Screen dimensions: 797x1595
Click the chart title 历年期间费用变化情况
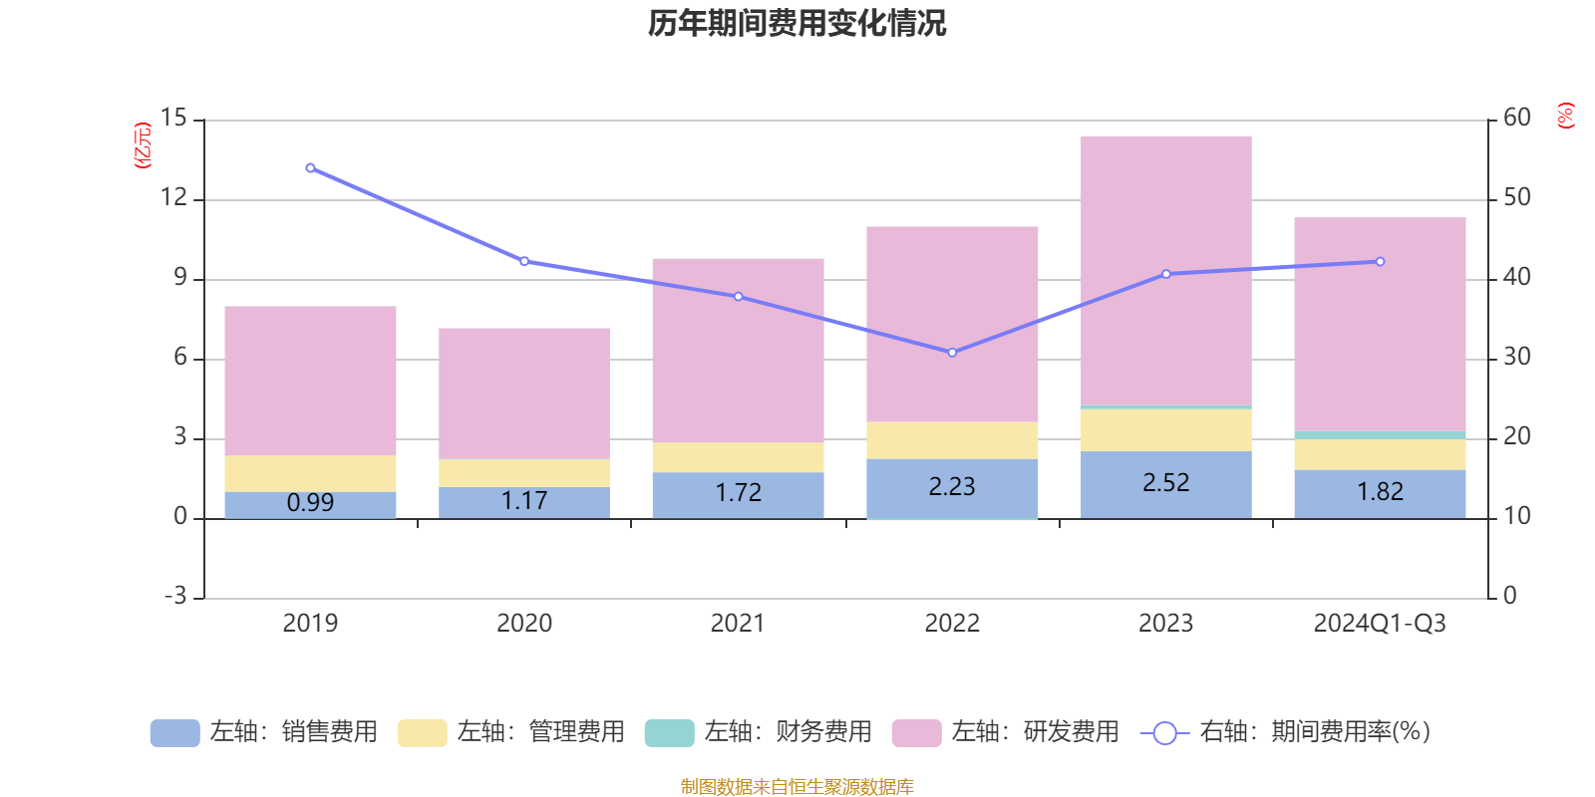(x=797, y=23)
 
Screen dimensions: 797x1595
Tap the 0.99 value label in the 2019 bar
(x=310, y=503)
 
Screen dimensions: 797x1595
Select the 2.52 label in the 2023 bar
(x=1165, y=483)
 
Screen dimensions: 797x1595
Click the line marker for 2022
(x=952, y=353)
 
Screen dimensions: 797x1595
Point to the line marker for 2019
(x=310, y=168)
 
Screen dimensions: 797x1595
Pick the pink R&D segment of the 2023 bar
(x=1165, y=269)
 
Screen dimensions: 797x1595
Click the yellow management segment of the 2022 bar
(x=952, y=440)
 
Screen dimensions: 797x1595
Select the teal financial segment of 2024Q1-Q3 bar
(x=1380, y=435)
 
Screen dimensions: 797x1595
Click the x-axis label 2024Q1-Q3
(x=1380, y=624)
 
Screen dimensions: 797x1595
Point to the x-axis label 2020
(x=524, y=624)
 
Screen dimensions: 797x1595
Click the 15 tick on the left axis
(x=173, y=119)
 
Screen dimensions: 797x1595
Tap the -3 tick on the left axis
(x=175, y=596)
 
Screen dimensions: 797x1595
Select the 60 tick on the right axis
(x=1516, y=119)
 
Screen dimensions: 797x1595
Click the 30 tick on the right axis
(x=1516, y=357)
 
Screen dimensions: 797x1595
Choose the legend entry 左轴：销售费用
(x=264, y=732)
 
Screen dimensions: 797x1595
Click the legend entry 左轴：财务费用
(x=759, y=732)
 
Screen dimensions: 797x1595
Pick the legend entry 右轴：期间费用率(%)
(x=1286, y=732)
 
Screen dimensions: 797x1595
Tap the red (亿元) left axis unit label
(x=143, y=145)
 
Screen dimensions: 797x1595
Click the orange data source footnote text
(x=797, y=787)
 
